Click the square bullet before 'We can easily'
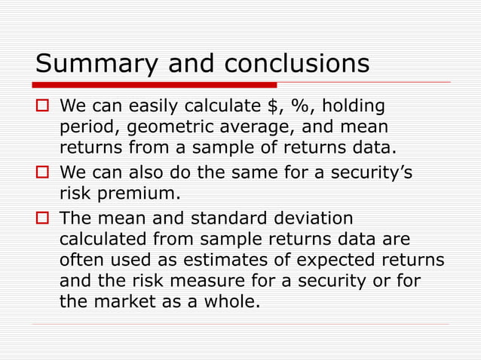(x=44, y=105)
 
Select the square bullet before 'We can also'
(x=44, y=175)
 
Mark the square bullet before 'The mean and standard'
(x=44, y=220)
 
